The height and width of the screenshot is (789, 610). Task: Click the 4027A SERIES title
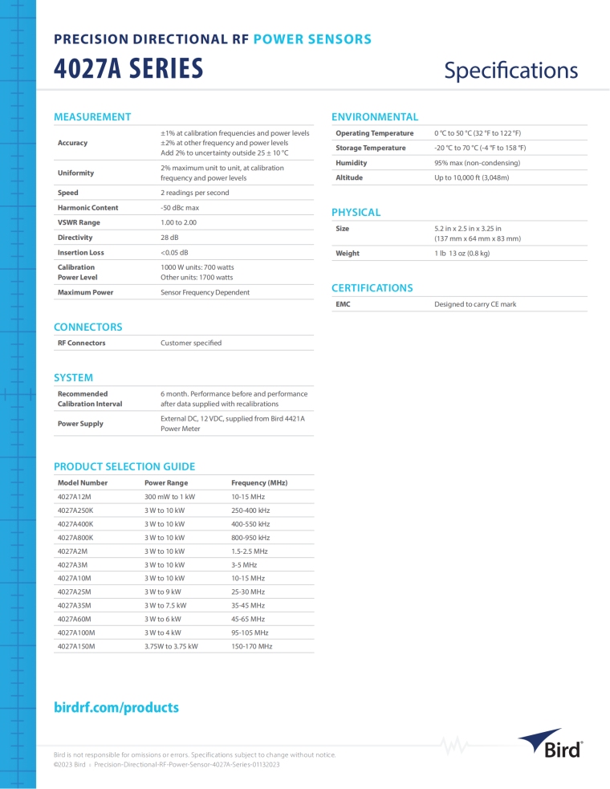pyautogui.click(x=128, y=70)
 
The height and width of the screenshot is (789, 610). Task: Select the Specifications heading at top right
pyautogui.click(x=510, y=71)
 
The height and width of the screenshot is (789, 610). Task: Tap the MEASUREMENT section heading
pyautogui.click(x=91, y=117)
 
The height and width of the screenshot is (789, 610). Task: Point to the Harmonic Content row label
pyautogui.click(x=87, y=208)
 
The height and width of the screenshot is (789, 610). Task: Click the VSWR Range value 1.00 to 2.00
pyautogui.click(x=178, y=222)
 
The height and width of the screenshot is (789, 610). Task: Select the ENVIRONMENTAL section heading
pyautogui.click(x=375, y=117)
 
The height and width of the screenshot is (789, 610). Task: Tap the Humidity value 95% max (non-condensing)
pyautogui.click(x=477, y=163)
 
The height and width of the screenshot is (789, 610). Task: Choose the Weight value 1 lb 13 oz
pyautogui.click(x=462, y=254)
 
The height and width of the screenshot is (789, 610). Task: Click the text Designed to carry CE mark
pyautogui.click(x=475, y=305)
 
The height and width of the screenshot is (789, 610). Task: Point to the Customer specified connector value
pyautogui.click(x=191, y=343)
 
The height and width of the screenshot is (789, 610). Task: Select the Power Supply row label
pyautogui.click(x=80, y=423)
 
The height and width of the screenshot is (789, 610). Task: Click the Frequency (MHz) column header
pyautogui.click(x=259, y=483)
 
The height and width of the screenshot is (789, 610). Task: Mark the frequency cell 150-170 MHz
pyautogui.click(x=251, y=645)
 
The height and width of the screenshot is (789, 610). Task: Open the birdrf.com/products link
pyautogui.click(x=116, y=707)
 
